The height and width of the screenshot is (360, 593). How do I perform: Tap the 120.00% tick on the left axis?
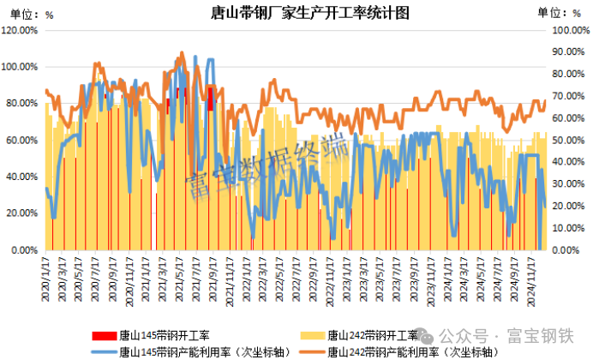(x=20, y=30)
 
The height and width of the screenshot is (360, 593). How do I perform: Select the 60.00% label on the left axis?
(x=21, y=140)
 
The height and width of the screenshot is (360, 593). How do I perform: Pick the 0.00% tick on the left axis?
(x=24, y=250)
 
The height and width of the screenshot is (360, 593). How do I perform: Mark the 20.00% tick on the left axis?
(x=21, y=213)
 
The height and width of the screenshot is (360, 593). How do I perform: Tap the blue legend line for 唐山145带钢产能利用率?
(x=102, y=350)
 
